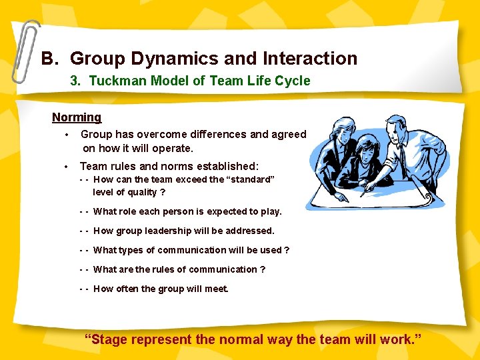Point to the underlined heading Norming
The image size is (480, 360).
click(x=77, y=117)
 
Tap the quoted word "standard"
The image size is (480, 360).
click(x=250, y=179)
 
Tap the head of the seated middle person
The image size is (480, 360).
click(x=366, y=146)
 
